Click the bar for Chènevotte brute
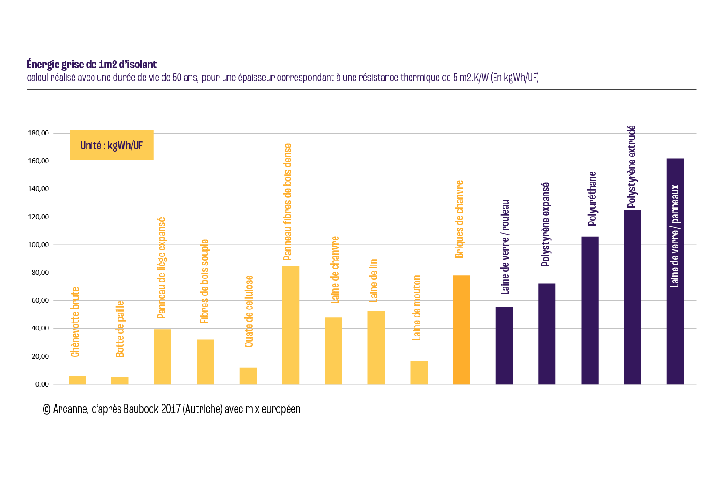[x=77, y=380]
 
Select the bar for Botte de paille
[x=120, y=380]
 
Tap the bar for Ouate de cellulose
[x=248, y=376]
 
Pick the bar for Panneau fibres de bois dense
[x=291, y=325]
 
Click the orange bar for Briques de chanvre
[x=461, y=330]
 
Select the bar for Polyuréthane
[x=590, y=310]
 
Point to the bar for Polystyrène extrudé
[x=632, y=297]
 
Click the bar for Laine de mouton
[x=419, y=373]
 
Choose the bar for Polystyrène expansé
[x=547, y=334]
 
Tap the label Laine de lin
[x=373, y=281]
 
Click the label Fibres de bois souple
[x=205, y=281]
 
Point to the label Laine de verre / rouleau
[x=505, y=247]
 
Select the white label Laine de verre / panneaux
[x=675, y=236]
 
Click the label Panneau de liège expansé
[x=162, y=268]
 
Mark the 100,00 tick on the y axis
[x=38, y=245]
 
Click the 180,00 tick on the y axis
[x=38, y=133]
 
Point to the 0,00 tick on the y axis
[x=42, y=384]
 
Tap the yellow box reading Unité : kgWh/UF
[x=112, y=145]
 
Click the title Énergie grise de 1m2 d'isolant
[x=92, y=65]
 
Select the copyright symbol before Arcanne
[x=46, y=409]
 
